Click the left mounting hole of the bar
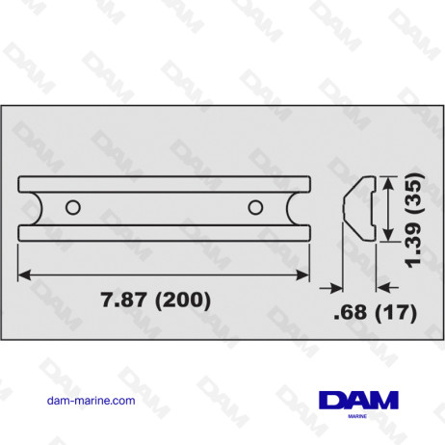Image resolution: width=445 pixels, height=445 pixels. click(72, 206)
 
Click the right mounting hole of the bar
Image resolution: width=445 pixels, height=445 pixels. click(254, 206)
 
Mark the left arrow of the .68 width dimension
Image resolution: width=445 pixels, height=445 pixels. click(338, 286)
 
